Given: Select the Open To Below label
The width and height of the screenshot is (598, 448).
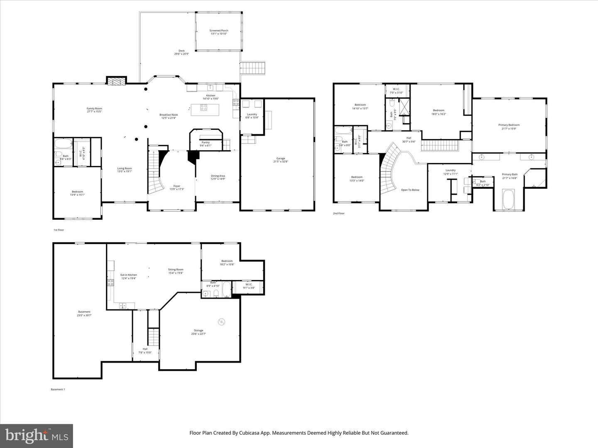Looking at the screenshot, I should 410,190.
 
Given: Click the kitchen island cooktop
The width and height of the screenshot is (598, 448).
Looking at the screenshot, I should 204,108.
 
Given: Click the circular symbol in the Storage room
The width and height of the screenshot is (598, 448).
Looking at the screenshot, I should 221,322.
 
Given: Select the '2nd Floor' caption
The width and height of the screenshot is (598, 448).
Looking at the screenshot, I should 338,213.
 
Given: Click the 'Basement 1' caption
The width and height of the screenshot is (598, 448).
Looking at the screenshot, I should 58,390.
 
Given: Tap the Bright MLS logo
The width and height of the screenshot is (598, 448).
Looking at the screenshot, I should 37,436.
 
